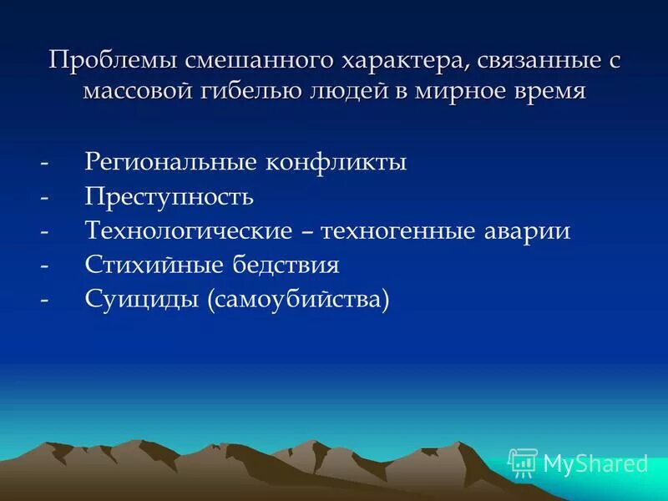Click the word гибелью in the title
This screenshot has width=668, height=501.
250,91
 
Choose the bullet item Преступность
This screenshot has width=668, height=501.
169,196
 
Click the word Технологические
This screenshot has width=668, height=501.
189,230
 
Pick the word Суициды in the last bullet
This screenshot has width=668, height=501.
135,299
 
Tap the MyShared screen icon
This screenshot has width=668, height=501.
523,462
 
